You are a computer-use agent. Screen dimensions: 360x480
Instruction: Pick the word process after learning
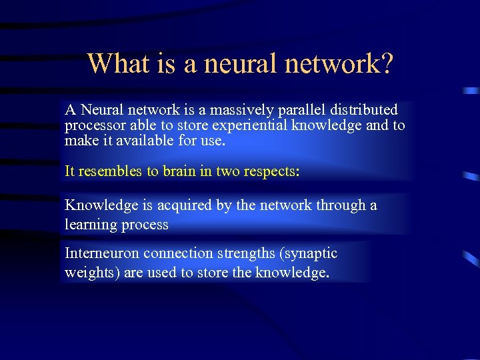(x=145, y=225)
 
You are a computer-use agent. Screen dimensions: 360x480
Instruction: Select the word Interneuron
(x=102, y=253)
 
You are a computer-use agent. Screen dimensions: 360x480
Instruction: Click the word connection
(x=174, y=253)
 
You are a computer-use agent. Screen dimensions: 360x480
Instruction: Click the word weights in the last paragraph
(x=87, y=273)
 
